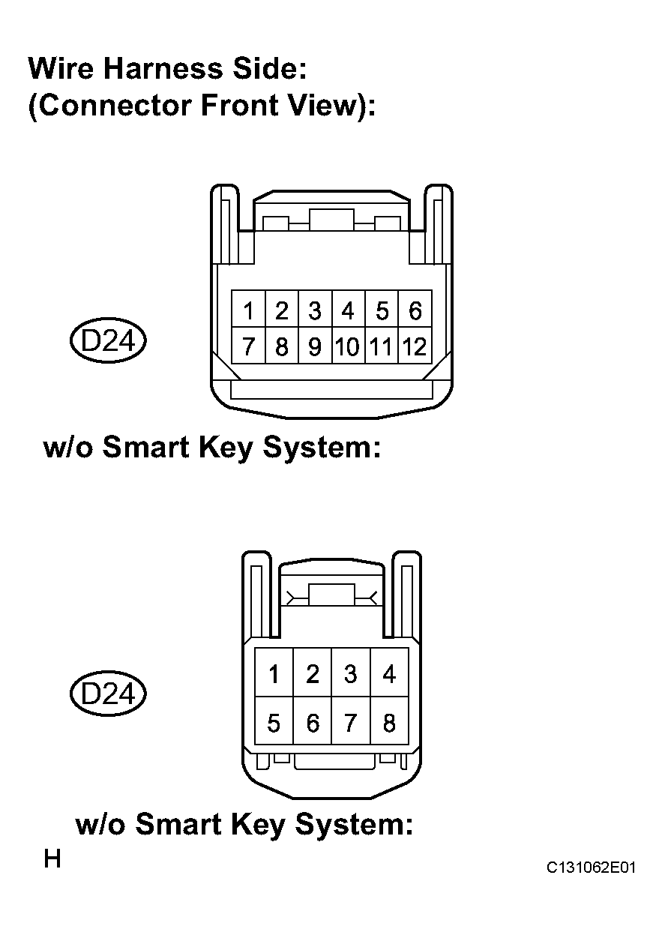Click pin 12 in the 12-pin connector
pos(415,346)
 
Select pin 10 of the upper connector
pos(349,346)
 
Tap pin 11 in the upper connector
pos(382,346)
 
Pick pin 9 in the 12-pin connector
pos(315,346)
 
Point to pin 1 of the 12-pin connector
pos(248,309)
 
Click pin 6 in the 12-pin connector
pos(415,309)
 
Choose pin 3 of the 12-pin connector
pos(315,309)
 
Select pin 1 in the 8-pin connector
pos(274,673)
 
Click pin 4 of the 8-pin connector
pos(389,673)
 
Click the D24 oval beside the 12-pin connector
pos(108,340)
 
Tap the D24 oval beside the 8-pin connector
pos(108,694)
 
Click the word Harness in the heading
pos(163,68)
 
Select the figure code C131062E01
pos(591,868)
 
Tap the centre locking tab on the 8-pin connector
pos(332,595)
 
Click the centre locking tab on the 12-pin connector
pos(331,220)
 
